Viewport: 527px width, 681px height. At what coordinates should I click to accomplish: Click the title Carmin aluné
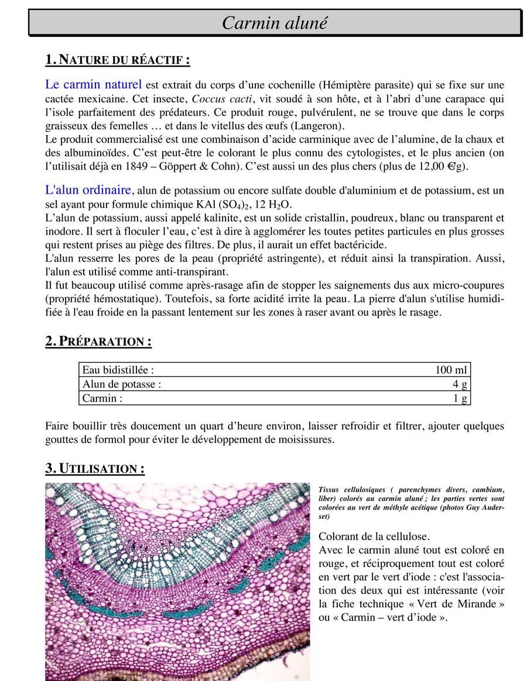[x=275, y=23]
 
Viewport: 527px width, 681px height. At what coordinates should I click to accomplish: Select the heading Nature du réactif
[x=117, y=60]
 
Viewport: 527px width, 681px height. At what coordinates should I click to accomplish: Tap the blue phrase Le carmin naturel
[x=93, y=85]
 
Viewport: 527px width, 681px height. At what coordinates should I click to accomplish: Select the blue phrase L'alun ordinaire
[x=88, y=190]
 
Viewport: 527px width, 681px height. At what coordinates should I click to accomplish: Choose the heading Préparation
[x=98, y=342]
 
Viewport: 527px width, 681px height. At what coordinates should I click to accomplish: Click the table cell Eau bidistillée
[x=118, y=370]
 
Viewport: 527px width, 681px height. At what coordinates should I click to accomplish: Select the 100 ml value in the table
[x=451, y=370]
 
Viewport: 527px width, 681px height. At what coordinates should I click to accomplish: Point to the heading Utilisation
[x=95, y=469]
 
